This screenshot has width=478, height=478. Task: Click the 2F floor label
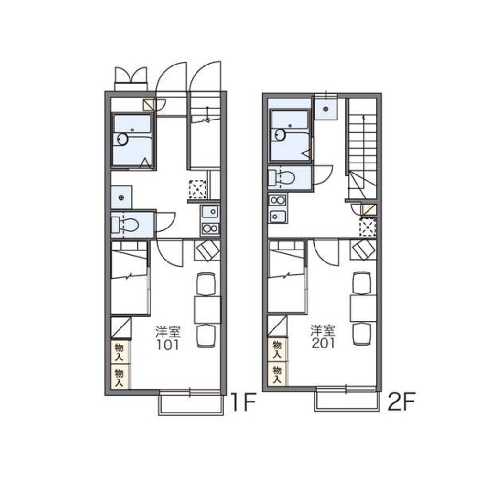point(401,402)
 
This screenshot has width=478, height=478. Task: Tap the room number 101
point(167,345)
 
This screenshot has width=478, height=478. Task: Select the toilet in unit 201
point(282,177)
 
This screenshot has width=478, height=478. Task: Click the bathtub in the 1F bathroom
point(132,141)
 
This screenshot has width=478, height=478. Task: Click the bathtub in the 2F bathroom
point(290,136)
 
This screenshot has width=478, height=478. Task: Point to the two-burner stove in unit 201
point(277,201)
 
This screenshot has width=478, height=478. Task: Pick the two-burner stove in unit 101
point(210,228)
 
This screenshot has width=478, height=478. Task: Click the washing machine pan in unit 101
point(121,197)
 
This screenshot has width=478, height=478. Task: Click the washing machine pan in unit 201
point(326,109)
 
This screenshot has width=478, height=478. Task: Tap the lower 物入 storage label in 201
point(277,375)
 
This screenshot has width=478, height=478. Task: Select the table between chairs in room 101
point(207,310)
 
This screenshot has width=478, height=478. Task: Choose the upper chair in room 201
point(361,282)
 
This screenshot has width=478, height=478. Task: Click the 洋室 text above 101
point(168,332)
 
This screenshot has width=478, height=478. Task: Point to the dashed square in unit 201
point(368,228)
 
